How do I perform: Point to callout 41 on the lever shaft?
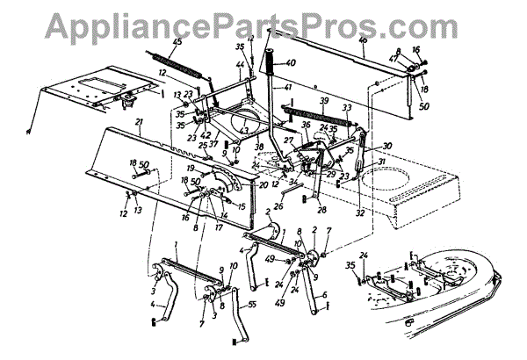(x=287, y=88)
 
